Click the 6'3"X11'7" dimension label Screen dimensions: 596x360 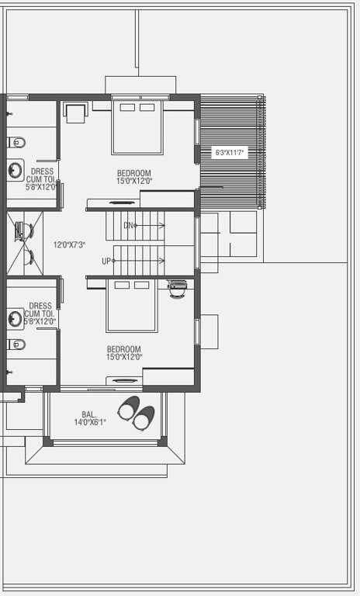coord(230,153)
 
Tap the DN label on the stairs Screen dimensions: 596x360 coord(129,225)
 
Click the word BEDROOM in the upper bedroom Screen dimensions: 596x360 coord(133,173)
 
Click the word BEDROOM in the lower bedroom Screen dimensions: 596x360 coord(123,349)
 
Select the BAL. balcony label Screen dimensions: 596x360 coord(89,414)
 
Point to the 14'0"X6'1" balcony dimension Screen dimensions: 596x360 coord(89,422)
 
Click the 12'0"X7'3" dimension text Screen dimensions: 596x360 coord(69,244)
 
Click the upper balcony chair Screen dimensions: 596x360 coord(129,406)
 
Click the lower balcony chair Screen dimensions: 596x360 coord(144,419)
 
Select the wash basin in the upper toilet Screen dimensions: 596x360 coord(15,170)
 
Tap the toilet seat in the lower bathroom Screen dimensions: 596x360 coord(16,344)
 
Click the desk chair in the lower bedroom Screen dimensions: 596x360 coord(178,289)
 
